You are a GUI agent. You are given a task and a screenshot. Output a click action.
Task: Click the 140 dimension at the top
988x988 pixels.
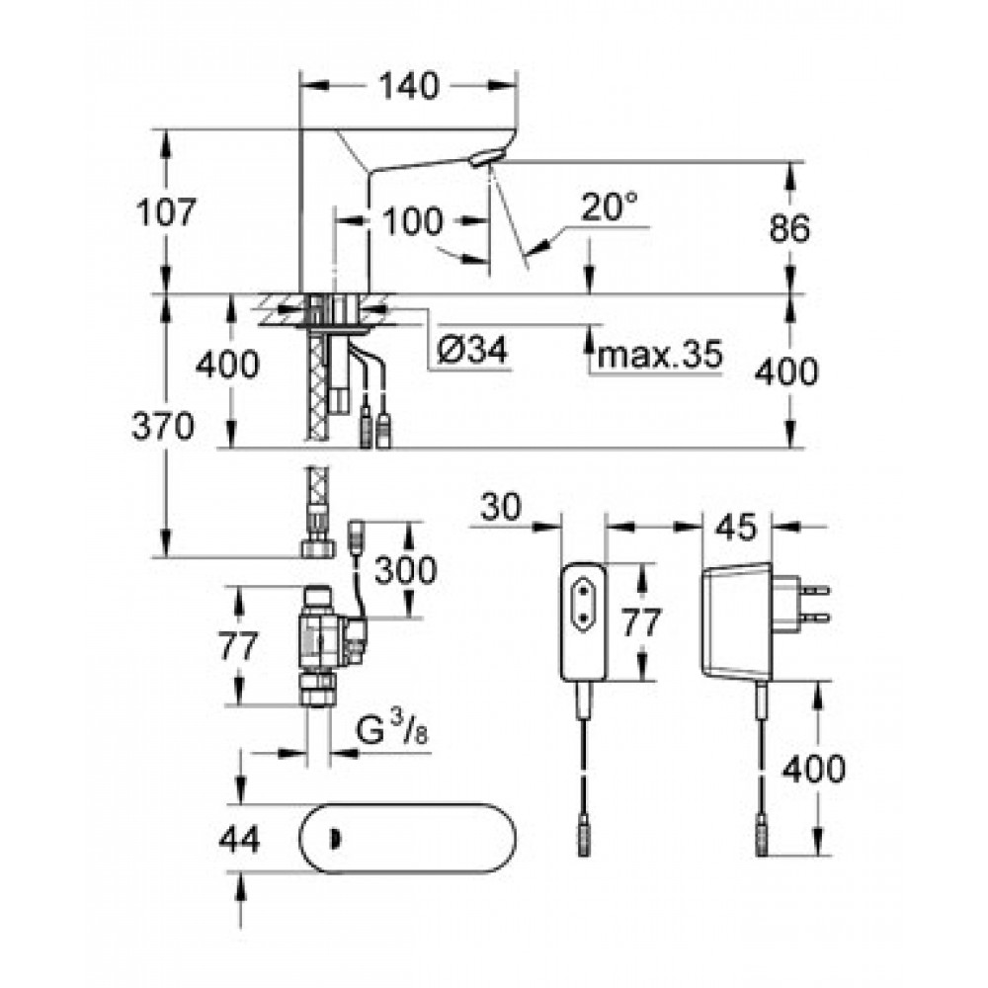click(408, 86)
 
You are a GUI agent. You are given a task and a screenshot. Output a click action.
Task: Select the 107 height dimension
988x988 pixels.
click(166, 211)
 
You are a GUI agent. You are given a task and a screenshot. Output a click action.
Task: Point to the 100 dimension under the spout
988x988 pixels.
click(413, 221)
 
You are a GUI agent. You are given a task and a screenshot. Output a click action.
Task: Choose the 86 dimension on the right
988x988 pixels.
click(789, 228)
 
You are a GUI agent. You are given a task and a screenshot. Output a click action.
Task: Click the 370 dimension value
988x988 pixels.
click(163, 426)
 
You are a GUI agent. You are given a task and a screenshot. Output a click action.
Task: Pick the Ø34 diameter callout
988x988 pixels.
click(472, 350)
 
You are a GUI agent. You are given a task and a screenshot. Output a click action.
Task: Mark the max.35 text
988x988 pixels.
click(660, 355)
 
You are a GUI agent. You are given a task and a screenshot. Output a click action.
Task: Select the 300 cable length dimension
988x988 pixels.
click(406, 570)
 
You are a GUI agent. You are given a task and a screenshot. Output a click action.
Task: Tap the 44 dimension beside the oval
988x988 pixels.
click(239, 839)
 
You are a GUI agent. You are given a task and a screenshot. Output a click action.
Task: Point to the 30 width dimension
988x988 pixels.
click(501, 507)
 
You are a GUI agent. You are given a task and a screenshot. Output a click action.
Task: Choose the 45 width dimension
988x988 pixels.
click(736, 527)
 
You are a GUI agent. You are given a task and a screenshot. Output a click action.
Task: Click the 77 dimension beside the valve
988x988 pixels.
click(238, 646)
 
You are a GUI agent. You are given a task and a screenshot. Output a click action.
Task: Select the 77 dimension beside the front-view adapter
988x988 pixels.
click(641, 621)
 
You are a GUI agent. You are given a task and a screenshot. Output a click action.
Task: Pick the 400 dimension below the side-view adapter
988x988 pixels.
click(813, 769)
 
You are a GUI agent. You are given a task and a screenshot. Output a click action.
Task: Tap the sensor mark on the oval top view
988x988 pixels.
click(335, 838)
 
